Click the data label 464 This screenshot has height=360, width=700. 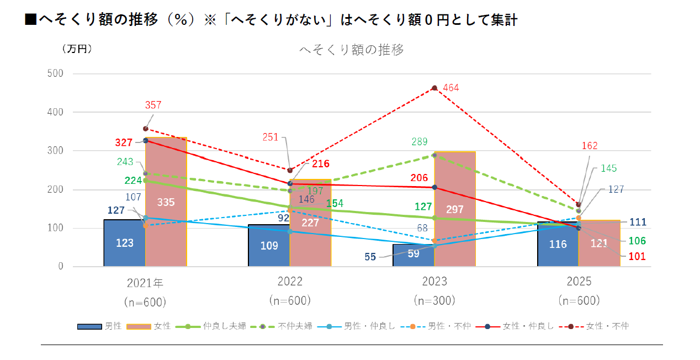(x=450, y=88)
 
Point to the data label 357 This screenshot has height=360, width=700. (x=153, y=105)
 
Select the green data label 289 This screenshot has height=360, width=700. (x=420, y=142)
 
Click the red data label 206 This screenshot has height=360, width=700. (x=420, y=178)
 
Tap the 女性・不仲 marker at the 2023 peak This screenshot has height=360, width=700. (x=434, y=88)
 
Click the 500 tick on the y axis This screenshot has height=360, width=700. (x=56, y=73)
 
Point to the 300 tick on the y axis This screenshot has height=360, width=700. (x=56, y=151)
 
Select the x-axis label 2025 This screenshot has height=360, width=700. (x=579, y=282)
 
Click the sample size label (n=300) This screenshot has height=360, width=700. (x=434, y=301)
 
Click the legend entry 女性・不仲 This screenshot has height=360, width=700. (x=607, y=326)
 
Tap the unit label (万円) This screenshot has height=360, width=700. (x=77, y=49)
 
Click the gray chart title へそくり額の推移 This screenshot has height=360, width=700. (x=351, y=50)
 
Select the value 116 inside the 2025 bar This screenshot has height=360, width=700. (x=558, y=244)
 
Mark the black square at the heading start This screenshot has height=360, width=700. (x=31, y=20)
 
